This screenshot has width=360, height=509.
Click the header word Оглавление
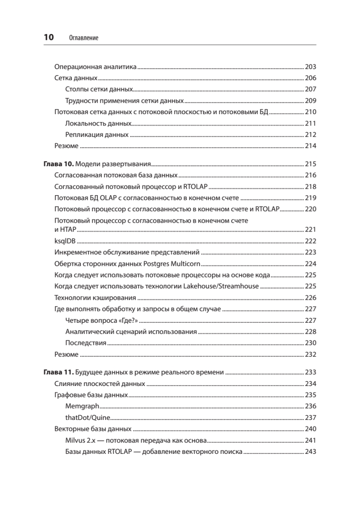[83, 38]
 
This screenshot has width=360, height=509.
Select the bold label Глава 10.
[59, 164]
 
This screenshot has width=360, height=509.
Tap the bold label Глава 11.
[59, 373]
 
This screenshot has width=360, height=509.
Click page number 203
[311, 67]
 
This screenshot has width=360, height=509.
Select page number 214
[311, 146]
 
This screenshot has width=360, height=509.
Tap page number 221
[311, 230]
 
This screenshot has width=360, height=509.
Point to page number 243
[311, 452]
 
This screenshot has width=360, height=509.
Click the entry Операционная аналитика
[95, 67]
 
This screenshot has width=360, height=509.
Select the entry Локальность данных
[98, 123]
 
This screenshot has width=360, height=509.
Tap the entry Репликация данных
[97, 135]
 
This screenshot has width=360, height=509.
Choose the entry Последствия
[86, 343]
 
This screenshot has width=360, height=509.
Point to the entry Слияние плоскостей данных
[100, 384]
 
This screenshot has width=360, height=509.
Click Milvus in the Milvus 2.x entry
[75, 440]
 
